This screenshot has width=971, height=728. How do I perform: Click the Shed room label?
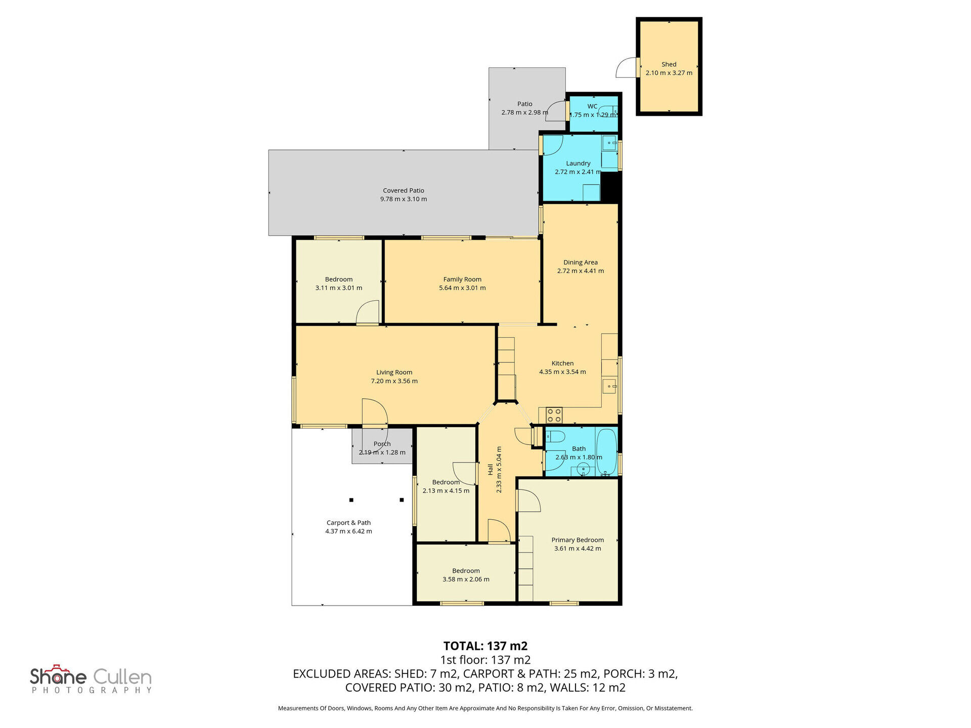click(x=669, y=64)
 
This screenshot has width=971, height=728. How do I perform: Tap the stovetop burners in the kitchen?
click(x=554, y=415)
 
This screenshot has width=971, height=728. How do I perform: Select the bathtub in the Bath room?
click(x=606, y=451)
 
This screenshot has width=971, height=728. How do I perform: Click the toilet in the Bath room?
click(x=555, y=437)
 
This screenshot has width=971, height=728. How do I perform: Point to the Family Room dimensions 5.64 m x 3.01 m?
click(x=462, y=288)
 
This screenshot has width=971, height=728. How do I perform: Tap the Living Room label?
click(x=394, y=373)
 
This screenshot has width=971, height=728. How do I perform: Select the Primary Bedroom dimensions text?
click(x=578, y=549)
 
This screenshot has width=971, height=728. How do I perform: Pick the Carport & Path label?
click(x=348, y=523)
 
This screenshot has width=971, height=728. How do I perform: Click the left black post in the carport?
click(x=351, y=500)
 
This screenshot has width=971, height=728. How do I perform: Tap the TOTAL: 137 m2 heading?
click(x=485, y=646)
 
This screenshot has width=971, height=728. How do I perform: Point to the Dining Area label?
click(x=581, y=262)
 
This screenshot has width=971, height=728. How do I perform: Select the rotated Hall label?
click(x=490, y=470)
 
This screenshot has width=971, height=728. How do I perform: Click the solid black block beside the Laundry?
click(x=610, y=187)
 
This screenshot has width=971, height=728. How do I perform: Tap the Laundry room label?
click(x=578, y=163)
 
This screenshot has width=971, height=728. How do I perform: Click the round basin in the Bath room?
click(x=583, y=470)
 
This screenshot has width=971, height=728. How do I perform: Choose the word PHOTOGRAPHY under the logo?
click(x=92, y=690)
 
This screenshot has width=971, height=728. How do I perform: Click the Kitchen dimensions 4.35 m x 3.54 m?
click(x=562, y=372)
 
